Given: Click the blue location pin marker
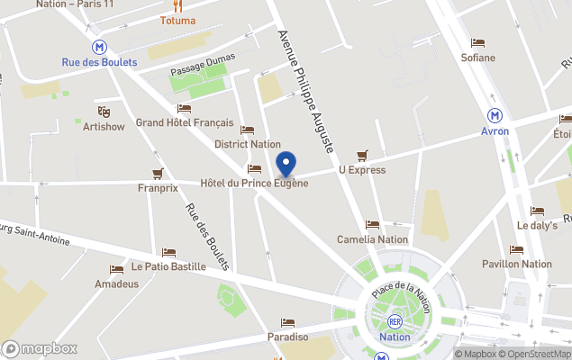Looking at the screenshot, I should [x=286, y=166].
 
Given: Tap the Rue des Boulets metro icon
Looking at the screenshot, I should [x=99, y=47].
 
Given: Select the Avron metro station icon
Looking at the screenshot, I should [x=495, y=115].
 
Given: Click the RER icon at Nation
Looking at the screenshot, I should [x=395, y=321].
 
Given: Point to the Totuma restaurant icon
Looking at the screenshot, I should [x=177, y=5].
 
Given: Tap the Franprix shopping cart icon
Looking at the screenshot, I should [x=158, y=173].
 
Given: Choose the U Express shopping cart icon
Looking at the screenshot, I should [x=362, y=155].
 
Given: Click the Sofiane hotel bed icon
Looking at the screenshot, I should [x=477, y=43].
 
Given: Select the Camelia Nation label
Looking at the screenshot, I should [x=372, y=239].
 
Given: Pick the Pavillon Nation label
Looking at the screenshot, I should [x=517, y=264].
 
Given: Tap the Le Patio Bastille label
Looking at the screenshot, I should [x=168, y=266].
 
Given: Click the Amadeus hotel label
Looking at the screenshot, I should [x=117, y=283].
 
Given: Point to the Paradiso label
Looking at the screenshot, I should [x=287, y=337].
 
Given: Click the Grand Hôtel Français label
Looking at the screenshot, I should [x=185, y=122].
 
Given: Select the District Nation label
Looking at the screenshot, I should [x=248, y=144].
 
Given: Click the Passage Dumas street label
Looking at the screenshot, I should [x=203, y=64].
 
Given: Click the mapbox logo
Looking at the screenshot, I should [x=40, y=348].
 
